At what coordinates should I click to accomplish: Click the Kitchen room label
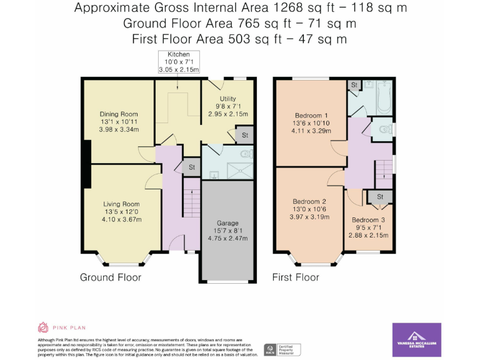[178, 55]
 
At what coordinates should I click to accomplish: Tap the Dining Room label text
[119, 114]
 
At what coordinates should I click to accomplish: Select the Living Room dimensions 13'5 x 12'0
[122, 212]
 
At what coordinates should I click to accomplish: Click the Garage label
[227, 222]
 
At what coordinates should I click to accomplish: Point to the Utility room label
[227, 99]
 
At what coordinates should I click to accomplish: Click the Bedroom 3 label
[369, 220]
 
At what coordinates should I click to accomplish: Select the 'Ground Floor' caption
[111, 277]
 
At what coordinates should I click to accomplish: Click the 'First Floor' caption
[296, 277]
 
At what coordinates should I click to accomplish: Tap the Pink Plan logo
[44, 327]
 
